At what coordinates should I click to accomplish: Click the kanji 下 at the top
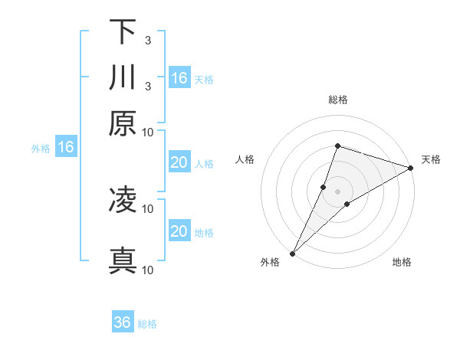click(123, 31)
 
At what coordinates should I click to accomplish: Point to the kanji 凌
click(123, 200)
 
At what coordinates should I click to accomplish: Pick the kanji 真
click(123, 260)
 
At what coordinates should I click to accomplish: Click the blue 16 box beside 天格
click(179, 78)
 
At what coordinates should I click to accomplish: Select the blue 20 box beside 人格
click(179, 162)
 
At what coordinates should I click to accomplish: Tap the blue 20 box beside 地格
click(179, 231)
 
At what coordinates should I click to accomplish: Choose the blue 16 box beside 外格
click(66, 148)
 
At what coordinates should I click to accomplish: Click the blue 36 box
click(123, 322)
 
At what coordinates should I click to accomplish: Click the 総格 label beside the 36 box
click(147, 324)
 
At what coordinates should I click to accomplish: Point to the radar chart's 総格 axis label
click(337, 100)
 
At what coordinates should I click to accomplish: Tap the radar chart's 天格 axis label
click(431, 159)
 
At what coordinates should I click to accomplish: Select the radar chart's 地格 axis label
click(402, 263)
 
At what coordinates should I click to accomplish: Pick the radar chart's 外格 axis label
click(270, 263)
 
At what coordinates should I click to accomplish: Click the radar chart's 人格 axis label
click(245, 159)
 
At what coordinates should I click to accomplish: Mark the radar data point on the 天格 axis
click(410, 168)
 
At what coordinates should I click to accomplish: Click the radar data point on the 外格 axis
click(293, 253)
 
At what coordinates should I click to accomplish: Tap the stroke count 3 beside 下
click(147, 40)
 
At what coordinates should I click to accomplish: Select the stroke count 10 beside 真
click(148, 270)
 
